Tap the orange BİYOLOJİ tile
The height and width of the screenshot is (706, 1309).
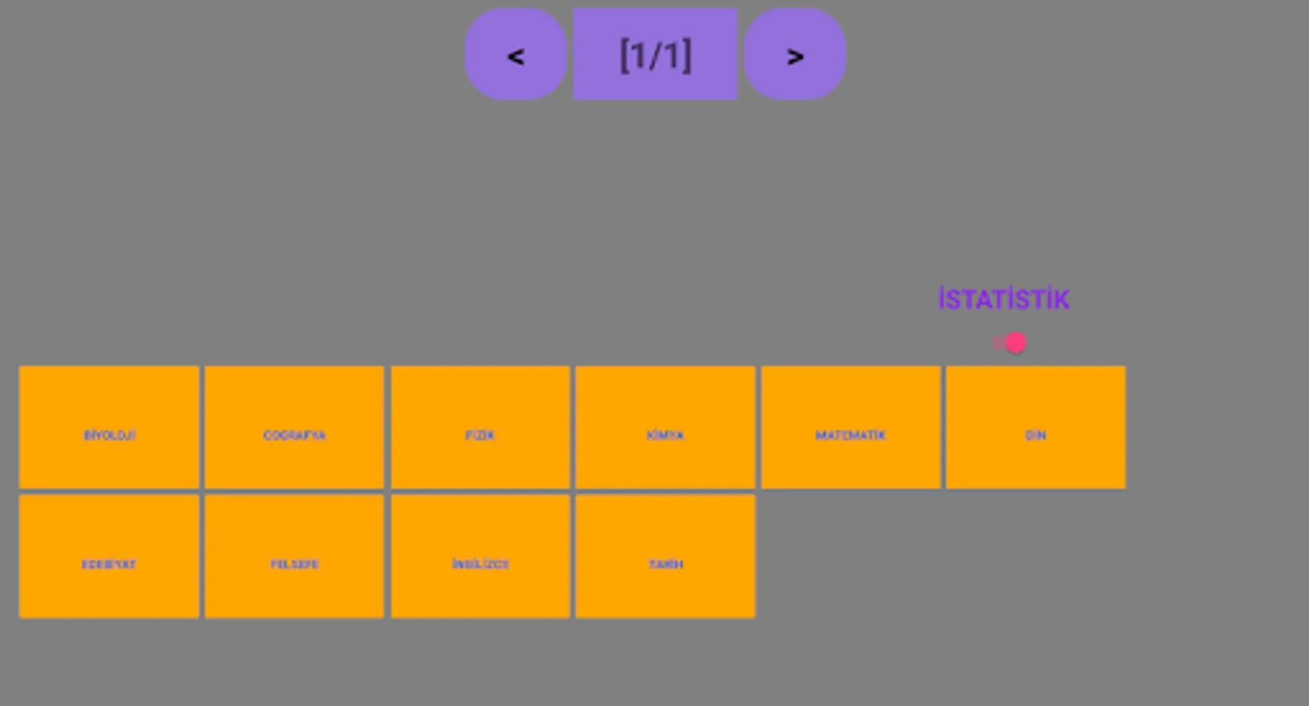pyautogui.click(x=109, y=428)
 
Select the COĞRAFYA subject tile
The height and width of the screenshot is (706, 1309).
pyautogui.click(x=295, y=428)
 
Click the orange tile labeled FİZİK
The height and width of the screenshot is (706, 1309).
pyautogui.click(x=480, y=428)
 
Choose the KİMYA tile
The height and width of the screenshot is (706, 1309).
pyautogui.click(x=665, y=428)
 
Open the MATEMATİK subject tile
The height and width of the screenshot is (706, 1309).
pyautogui.click(x=850, y=428)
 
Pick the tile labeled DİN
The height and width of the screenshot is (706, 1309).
pyautogui.click(x=1035, y=428)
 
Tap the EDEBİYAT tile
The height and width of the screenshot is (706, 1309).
pyautogui.click(x=109, y=556)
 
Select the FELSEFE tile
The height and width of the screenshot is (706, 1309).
pyautogui.click(x=295, y=556)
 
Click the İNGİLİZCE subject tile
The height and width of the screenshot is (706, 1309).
pyautogui.click(x=480, y=556)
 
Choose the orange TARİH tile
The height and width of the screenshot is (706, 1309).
pyautogui.click(x=665, y=556)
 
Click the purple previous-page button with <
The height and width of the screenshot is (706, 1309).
pyautogui.click(x=516, y=54)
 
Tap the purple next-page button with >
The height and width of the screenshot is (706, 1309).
pyautogui.click(x=795, y=54)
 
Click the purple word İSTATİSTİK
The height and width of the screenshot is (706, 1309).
pyautogui.click(x=1003, y=300)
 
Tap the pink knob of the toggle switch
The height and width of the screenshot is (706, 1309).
pyautogui.click(x=1016, y=343)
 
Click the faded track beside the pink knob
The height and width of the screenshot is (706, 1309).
pyautogui.click(x=998, y=343)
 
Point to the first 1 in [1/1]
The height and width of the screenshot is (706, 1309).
pyautogui.click(x=637, y=56)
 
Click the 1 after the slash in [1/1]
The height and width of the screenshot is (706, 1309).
pyautogui.click(x=673, y=56)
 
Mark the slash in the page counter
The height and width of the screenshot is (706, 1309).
pyautogui.click(x=655, y=56)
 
